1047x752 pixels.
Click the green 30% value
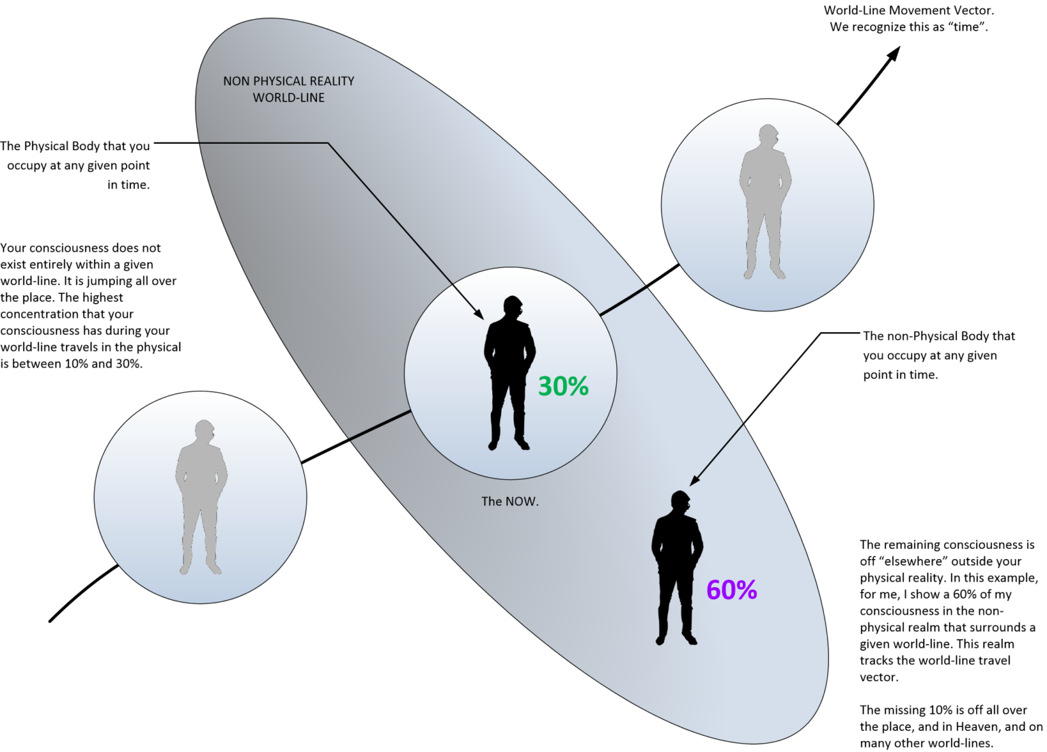563,386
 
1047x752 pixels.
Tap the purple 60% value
731,590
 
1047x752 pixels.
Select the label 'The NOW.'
510,501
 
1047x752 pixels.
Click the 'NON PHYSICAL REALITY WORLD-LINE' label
288,89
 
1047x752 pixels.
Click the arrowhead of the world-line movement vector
895,53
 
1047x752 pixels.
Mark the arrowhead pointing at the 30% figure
479,314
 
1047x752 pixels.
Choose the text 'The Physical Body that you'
78,146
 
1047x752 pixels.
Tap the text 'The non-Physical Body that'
939,336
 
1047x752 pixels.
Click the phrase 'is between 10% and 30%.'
72,363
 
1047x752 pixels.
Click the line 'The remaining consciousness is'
947,545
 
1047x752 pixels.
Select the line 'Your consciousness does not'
81,248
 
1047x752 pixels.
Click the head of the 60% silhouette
680,501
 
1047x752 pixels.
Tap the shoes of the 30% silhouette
509,445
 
